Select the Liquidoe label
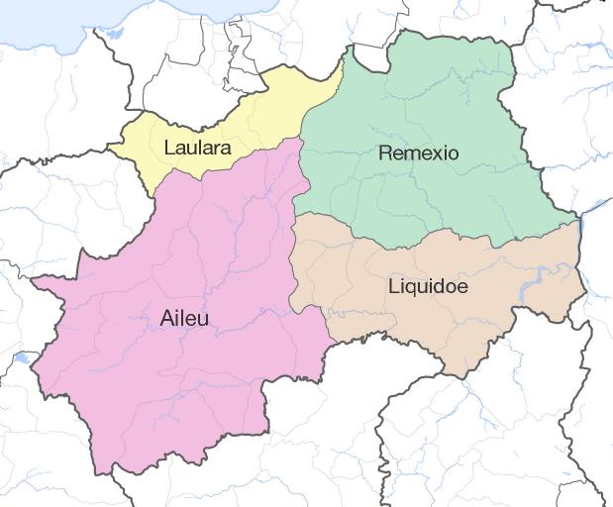coord(428,287)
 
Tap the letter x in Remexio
coord(440,153)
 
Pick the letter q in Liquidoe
coord(415,289)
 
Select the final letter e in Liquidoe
coord(462,287)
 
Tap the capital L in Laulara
coord(169,150)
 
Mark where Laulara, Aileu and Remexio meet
coord(301,138)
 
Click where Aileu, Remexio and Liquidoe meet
coord(295,213)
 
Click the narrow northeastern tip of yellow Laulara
coord(341,63)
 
